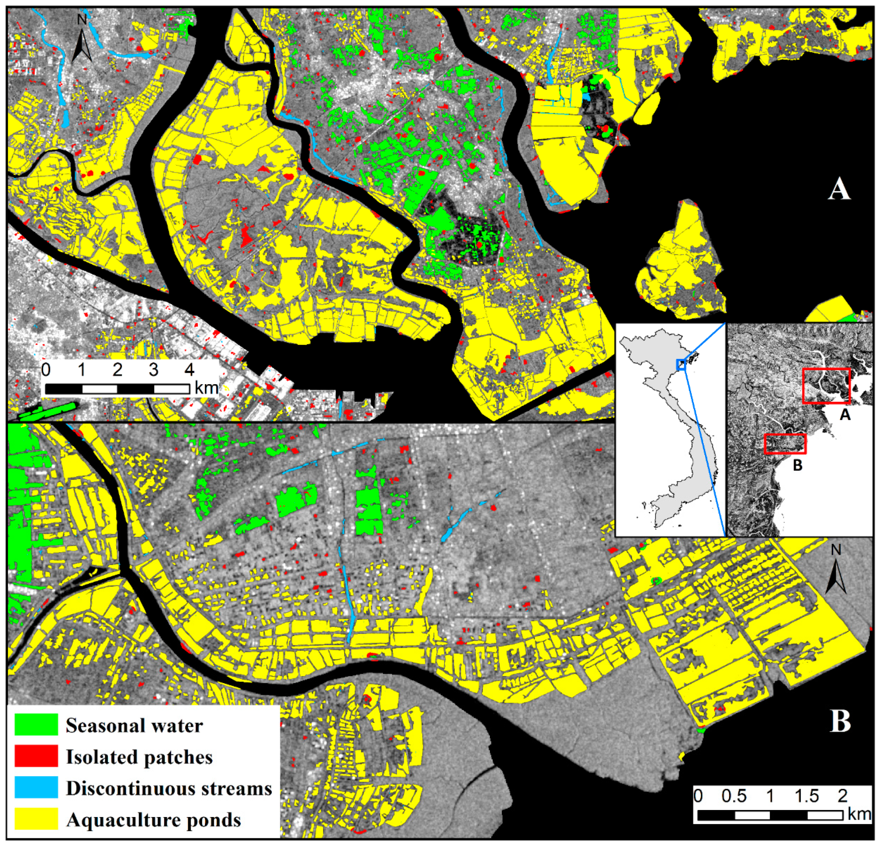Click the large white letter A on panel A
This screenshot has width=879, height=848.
pyautogui.click(x=839, y=189)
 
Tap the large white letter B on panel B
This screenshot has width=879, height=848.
pyautogui.click(x=840, y=734)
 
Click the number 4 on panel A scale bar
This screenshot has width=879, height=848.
pyautogui.click(x=190, y=370)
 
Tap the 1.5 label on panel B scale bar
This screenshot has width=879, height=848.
pyautogui.click(x=807, y=796)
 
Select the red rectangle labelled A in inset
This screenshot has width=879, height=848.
pyautogui.click(x=826, y=386)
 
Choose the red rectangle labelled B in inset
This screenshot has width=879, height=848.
pyautogui.click(x=785, y=444)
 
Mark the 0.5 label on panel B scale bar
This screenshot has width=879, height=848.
pyautogui.click(x=734, y=796)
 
